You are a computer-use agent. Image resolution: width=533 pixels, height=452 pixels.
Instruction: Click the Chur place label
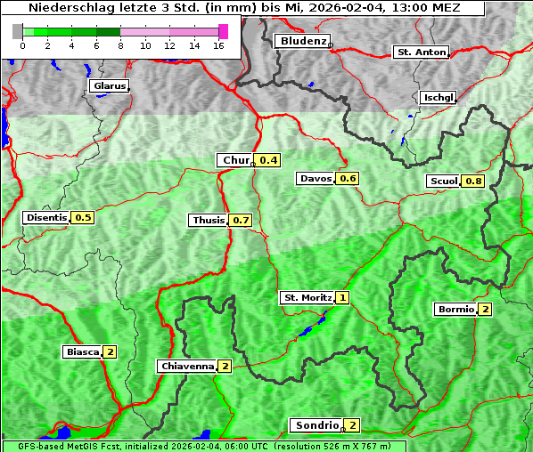(x=235, y=160)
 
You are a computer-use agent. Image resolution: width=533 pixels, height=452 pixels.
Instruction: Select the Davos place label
(x=316, y=179)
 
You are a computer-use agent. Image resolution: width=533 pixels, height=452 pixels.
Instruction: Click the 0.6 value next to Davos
(x=348, y=179)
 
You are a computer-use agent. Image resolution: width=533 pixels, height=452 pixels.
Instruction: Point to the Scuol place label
(x=443, y=182)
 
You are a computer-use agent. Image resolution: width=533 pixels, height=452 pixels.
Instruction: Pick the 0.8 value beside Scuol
(x=473, y=182)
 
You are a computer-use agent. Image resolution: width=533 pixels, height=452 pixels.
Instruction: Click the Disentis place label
(x=46, y=217)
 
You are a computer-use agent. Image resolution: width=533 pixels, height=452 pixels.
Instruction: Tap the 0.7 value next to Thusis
(x=241, y=220)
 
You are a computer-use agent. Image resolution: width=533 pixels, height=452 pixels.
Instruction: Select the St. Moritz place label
(x=307, y=297)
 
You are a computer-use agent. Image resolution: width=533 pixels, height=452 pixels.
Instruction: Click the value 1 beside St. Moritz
(x=342, y=297)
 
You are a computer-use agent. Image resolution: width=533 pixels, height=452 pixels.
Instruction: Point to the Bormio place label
(x=455, y=310)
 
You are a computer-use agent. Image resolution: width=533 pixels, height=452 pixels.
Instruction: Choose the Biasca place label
(x=83, y=351)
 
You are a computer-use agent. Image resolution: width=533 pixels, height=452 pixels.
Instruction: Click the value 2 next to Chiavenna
(x=225, y=366)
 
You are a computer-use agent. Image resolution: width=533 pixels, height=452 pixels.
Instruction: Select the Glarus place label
(x=108, y=86)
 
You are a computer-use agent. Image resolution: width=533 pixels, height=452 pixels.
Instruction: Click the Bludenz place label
(x=301, y=41)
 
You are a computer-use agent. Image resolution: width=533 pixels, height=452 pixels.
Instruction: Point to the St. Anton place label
(x=420, y=52)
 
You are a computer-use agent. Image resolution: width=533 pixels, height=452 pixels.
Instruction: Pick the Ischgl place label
(x=438, y=97)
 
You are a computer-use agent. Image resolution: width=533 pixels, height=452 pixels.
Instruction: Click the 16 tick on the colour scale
(x=218, y=45)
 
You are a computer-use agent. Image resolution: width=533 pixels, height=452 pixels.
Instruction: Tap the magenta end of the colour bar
(x=223, y=31)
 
